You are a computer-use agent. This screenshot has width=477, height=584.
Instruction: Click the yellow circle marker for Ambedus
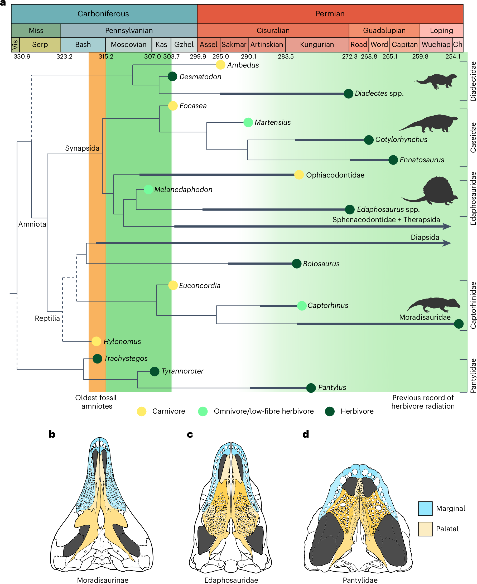[220, 65]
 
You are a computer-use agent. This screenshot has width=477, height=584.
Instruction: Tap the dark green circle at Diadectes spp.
[348, 94]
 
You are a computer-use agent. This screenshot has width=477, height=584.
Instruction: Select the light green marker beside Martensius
[248, 122]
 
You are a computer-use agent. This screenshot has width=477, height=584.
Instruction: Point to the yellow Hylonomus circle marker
[96, 341]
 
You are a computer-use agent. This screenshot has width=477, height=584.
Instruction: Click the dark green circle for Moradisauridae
[459, 324]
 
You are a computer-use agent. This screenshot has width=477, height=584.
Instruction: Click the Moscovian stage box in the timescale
[128, 45]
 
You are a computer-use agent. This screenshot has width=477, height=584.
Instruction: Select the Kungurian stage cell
[317, 45]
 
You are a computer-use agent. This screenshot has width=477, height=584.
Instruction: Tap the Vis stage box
[15, 45]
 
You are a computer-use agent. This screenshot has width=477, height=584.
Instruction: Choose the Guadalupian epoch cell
[384, 31]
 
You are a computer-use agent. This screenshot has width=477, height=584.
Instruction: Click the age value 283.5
[286, 57]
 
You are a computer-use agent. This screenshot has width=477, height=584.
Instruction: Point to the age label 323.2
[64, 57]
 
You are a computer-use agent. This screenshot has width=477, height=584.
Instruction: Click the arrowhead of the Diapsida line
[447, 243]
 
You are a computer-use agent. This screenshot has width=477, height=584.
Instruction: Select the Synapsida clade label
[82, 148]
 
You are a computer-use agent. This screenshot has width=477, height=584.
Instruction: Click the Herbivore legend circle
[329, 411]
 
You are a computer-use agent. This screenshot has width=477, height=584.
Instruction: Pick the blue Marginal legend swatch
[425, 508]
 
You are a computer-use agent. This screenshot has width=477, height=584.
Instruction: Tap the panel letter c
[190, 434]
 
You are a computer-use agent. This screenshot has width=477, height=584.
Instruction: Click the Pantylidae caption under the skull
[360, 580]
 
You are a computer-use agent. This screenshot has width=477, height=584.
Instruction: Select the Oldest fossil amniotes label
[96, 402]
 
